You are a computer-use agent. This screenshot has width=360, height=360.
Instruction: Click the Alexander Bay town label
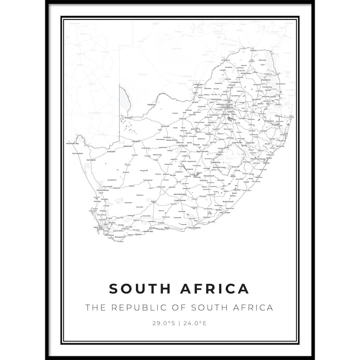pyautogui.click(x=73, y=143)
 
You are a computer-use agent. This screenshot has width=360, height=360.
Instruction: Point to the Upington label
pyautogui.click(x=136, y=141)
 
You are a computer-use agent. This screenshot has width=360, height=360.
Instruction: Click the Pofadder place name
pyautogui.click(x=112, y=152)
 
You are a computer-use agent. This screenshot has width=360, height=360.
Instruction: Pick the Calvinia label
pyautogui.click(x=117, y=187)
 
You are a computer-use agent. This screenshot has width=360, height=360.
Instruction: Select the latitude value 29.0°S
pyautogui.click(x=163, y=324)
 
